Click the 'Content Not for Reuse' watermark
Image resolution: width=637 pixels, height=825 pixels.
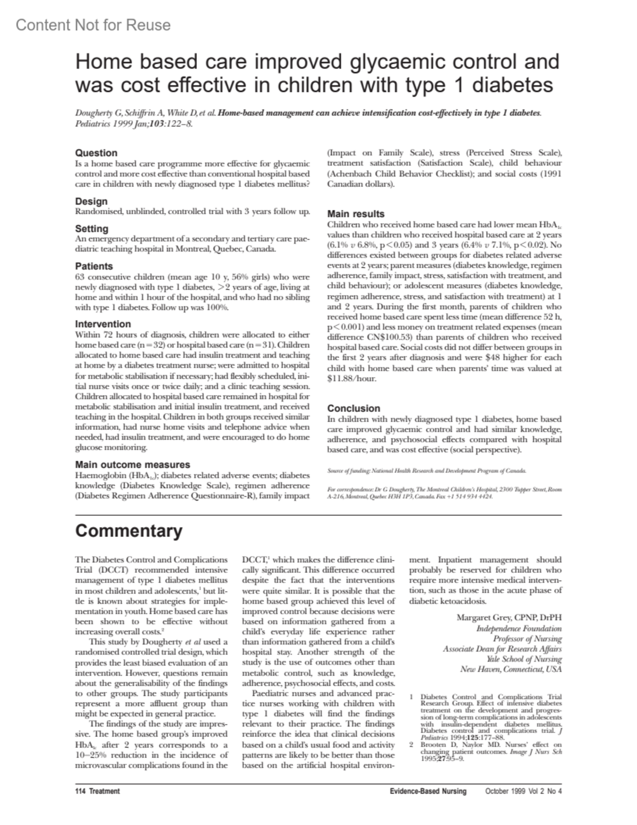[93, 25]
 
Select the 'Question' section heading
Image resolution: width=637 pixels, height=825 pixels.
[96, 153]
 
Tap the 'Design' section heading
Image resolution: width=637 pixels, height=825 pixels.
[91, 201]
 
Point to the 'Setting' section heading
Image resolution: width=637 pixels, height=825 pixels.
[92, 229]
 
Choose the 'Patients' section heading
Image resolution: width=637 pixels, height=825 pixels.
[94, 266]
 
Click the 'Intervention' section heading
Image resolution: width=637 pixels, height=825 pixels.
[103, 324]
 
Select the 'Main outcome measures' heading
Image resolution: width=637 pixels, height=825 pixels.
[133, 465]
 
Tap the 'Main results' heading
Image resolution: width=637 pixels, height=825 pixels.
[356, 214]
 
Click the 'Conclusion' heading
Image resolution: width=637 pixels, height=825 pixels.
[354, 409]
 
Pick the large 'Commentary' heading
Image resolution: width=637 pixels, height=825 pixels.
[129, 531]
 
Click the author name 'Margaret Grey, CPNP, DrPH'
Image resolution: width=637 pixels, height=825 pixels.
[509, 618]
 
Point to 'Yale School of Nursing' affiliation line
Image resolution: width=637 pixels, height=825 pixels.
[524, 659]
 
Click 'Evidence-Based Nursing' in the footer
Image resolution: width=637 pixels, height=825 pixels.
[428, 791]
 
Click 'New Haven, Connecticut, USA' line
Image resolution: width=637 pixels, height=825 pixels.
[511, 669]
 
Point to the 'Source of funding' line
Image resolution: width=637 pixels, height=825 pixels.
[427, 471]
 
